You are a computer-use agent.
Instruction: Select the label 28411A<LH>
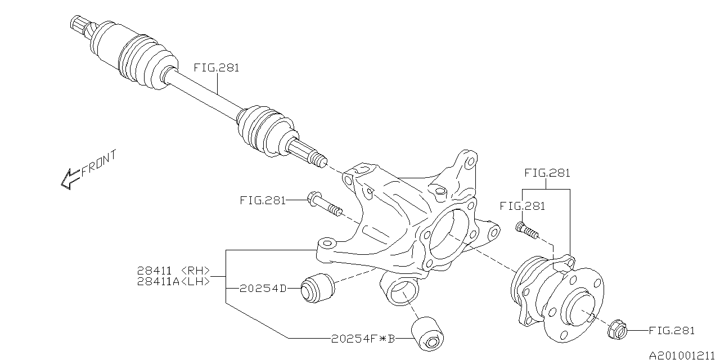173,281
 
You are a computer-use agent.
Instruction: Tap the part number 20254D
263,289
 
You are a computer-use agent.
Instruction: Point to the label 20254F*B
363,339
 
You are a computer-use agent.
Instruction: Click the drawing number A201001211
684,354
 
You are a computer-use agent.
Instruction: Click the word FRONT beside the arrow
99,163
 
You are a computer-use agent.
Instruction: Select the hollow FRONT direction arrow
70,179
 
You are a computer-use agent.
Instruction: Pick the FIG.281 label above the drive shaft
217,67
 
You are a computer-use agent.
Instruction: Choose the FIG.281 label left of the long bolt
262,200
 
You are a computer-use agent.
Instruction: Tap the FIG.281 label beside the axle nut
672,331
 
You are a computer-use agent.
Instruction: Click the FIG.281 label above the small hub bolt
522,206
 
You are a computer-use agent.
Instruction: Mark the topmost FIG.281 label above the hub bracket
547,173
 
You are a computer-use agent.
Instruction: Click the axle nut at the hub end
617,330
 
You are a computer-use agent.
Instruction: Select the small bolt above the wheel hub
526,229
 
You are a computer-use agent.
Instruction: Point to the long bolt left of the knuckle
325,204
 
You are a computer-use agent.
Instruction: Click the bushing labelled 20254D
318,287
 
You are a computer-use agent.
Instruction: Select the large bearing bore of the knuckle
449,236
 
